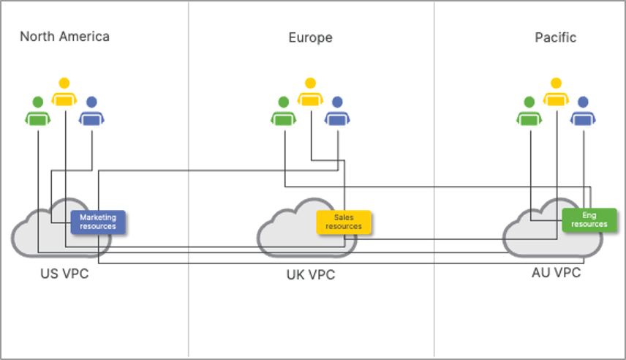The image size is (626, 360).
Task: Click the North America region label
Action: tap(64, 37)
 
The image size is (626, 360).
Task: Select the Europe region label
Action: tap(310, 37)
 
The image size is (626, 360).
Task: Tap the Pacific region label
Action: tap(555, 37)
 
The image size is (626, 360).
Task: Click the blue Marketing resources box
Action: tap(98, 222)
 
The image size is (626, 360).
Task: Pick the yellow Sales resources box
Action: tap(344, 222)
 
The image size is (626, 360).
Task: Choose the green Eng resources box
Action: tap(589, 220)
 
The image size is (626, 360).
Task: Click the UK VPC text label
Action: tap(310, 277)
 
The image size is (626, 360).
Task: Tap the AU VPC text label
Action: tap(557, 273)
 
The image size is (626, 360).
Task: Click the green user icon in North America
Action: tap(37, 112)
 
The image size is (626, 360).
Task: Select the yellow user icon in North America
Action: tap(64, 94)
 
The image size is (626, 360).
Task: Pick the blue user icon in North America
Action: tap(91, 112)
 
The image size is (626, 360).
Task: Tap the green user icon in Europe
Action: tap(283, 112)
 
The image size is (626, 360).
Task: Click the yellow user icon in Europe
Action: tap(310, 94)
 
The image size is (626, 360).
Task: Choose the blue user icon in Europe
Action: tap(336, 112)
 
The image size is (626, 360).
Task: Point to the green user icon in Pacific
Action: tap(529, 112)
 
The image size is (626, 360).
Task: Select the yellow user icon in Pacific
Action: tap(556, 94)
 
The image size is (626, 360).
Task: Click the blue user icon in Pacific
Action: tap(582, 112)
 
